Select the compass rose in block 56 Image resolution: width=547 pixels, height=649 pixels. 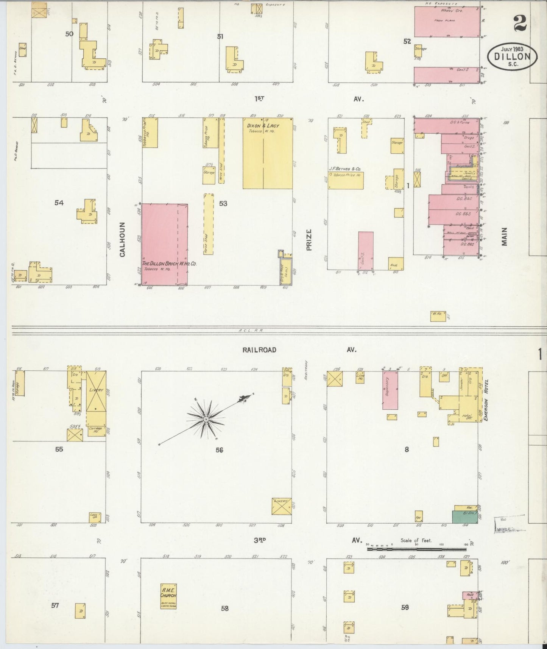(x=206, y=419)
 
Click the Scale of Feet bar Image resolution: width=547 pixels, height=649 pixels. (x=417, y=548)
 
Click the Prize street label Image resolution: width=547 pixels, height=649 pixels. (x=309, y=240)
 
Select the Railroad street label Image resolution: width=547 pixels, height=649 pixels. (x=259, y=350)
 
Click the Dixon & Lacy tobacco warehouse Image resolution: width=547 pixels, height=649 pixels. (x=267, y=153)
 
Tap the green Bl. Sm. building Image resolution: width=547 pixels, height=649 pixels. (x=465, y=517)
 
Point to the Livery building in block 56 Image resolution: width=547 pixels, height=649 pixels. (x=282, y=506)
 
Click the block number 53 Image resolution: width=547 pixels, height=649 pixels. (x=223, y=204)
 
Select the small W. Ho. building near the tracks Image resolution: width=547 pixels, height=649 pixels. (x=438, y=316)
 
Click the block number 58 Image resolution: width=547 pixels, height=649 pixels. (x=225, y=608)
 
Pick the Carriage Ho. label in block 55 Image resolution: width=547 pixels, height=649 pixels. (x=96, y=429)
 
